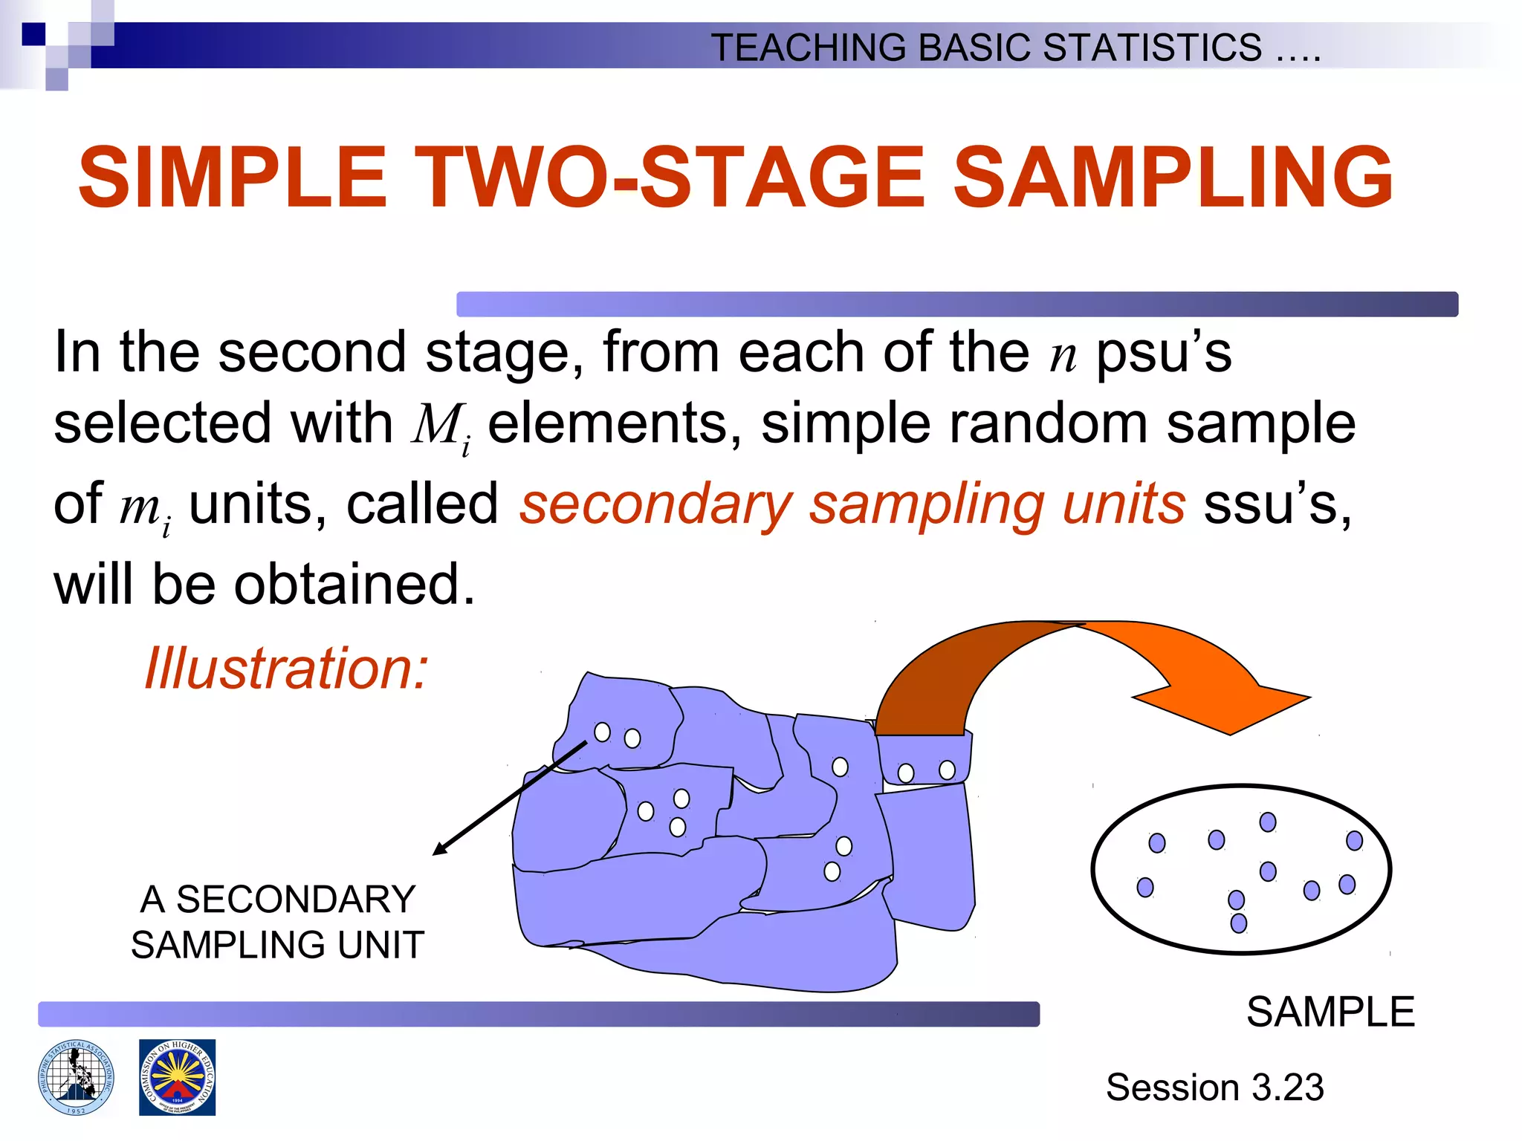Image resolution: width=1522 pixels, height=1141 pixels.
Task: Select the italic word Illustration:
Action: click(x=286, y=668)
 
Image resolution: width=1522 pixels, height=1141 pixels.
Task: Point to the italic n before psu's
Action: click(x=1063, y=354)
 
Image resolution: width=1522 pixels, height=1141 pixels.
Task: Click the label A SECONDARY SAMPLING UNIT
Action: click(x=277, y=922)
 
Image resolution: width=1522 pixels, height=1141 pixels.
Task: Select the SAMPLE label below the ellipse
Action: click(x=1330, y=1012)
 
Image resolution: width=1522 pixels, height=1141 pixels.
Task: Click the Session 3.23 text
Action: click(x=1214, y=1087)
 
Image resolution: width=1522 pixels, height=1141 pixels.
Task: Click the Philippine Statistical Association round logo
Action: click(x=77, y=1077)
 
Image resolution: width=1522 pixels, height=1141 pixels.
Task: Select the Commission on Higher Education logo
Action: click(x=177, y=1077)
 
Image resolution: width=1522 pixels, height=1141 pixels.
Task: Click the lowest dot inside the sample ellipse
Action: click(x=1238, y=923)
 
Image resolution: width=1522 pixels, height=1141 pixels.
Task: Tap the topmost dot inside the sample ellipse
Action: click(x=1268, y=822)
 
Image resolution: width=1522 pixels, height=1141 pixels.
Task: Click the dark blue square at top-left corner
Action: click(x=33, y=34)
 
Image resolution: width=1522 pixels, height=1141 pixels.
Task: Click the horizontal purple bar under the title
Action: click(x=956, y=305)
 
